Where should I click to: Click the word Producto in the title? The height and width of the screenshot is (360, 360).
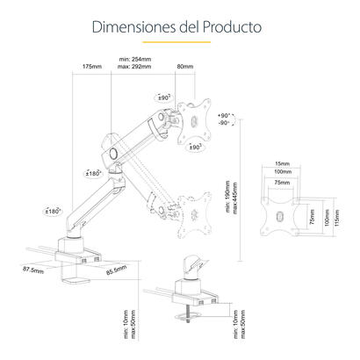(x=229, y=26)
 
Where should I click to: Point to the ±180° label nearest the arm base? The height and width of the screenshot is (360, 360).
(x=52, y=212)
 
